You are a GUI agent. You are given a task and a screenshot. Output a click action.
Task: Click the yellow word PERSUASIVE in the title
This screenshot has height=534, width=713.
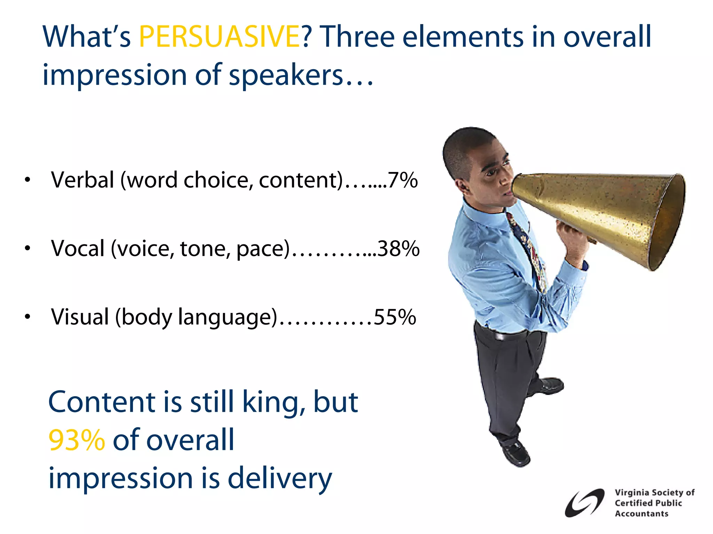(219, 36)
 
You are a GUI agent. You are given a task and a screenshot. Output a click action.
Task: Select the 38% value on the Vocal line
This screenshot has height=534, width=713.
(398, 249)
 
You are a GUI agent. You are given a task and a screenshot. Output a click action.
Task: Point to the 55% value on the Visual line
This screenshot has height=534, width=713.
(395, 317)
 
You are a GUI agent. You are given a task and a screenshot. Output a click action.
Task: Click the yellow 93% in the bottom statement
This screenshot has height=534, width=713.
(77, 440)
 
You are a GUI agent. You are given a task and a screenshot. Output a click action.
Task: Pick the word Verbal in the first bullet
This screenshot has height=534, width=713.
(83, 180)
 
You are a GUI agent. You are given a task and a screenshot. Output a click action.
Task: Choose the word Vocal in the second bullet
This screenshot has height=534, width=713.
(78, 249)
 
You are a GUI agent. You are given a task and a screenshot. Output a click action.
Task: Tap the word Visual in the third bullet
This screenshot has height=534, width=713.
(80, 317)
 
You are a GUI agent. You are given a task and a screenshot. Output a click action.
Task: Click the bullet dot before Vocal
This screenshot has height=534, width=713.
(28, 249)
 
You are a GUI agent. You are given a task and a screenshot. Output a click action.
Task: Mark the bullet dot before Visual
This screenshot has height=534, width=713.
(28, 317)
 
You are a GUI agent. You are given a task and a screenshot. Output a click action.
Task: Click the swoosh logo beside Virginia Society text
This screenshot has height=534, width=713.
(584, 503)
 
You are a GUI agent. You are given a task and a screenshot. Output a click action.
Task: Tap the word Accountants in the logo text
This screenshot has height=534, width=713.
(641, 514)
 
